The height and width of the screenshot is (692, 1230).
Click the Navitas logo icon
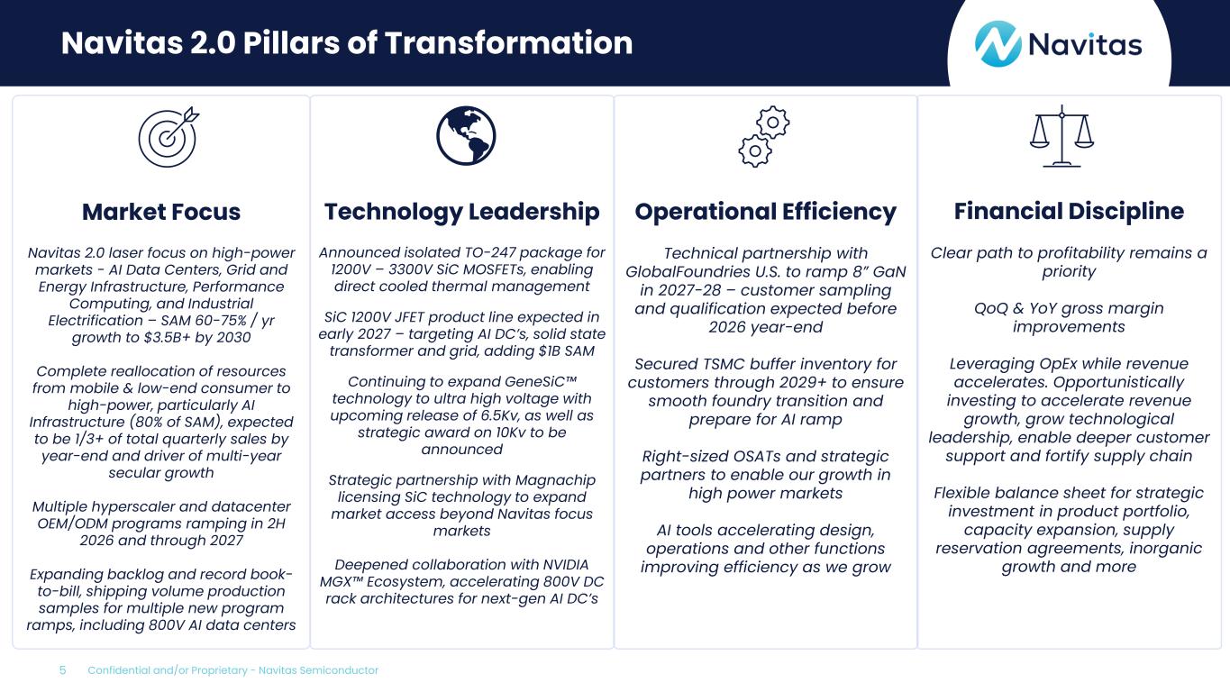[998, 44]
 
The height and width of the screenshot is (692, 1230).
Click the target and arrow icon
[169, 137]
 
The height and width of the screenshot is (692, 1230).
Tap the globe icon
[466, 136]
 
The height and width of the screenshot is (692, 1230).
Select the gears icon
[764, 136]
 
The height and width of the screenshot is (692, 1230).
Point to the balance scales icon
[1061, 136]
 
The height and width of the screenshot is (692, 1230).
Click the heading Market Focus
[161, 212]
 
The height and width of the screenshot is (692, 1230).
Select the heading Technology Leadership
[461, 212]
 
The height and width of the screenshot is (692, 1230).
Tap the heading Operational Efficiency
[765, 212]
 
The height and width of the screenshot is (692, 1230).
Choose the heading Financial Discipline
[1069, 212]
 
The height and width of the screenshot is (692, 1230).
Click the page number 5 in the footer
[62, 670]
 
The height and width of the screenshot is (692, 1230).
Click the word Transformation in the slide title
[508, 43]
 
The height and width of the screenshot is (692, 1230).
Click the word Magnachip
[555, 480]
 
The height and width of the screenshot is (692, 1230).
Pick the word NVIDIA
[566, 565]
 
